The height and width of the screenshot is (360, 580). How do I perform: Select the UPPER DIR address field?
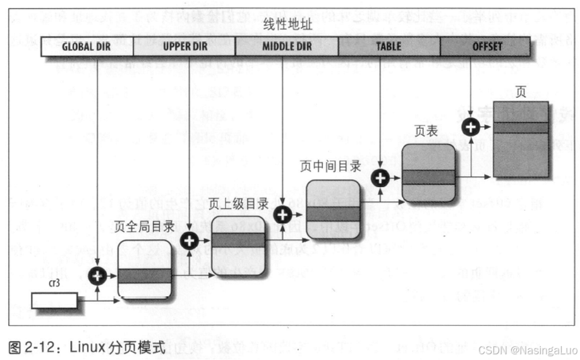pos(184,47)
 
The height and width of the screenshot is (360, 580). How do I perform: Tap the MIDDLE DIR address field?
pos(286,47)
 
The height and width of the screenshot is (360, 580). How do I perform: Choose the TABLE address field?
pos(389,47)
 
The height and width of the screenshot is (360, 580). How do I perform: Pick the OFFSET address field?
pos(487,47)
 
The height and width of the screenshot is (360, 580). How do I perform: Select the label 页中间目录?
pos(330,166)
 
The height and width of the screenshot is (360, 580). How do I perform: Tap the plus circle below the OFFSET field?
pos(470,126)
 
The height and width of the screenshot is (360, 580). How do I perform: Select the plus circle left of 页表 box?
pos(380,178)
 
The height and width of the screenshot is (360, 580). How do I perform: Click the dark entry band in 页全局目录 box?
pos(145,276)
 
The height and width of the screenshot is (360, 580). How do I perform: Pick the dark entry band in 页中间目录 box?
pos(333,212)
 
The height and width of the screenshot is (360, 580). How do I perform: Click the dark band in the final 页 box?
pos(521,127)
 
